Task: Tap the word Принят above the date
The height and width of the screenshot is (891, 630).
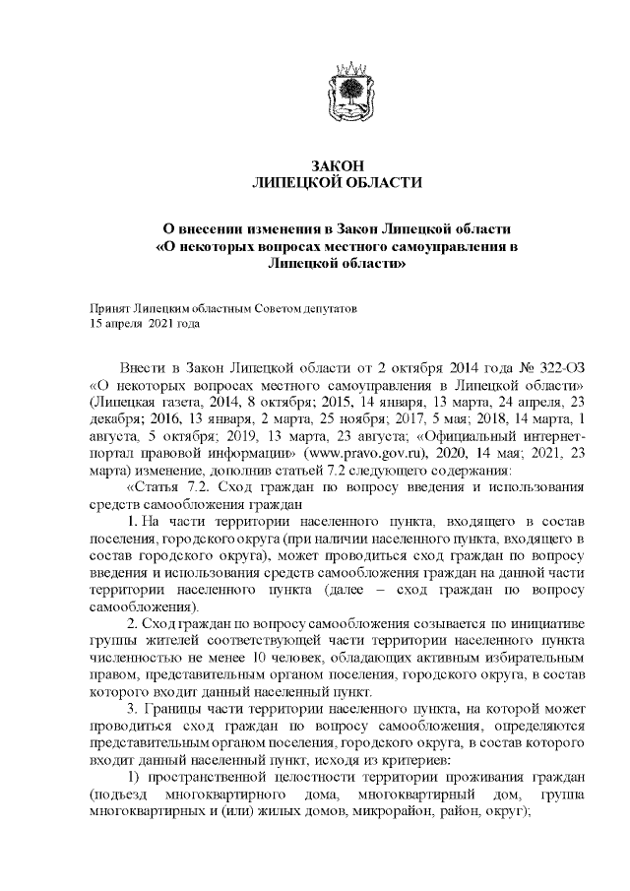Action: pyautogui.click(x=107, y=307)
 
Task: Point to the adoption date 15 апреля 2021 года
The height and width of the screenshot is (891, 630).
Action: pyautogui.click(x=145, y=322)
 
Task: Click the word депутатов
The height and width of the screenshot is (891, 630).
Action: pyautogui.click(x=328, y=307)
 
